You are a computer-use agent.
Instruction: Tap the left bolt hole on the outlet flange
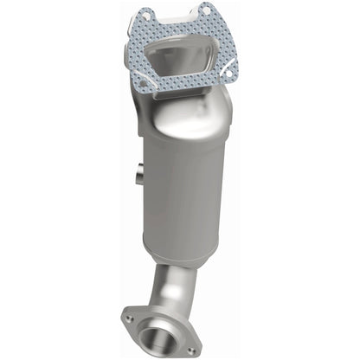point(130,318)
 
